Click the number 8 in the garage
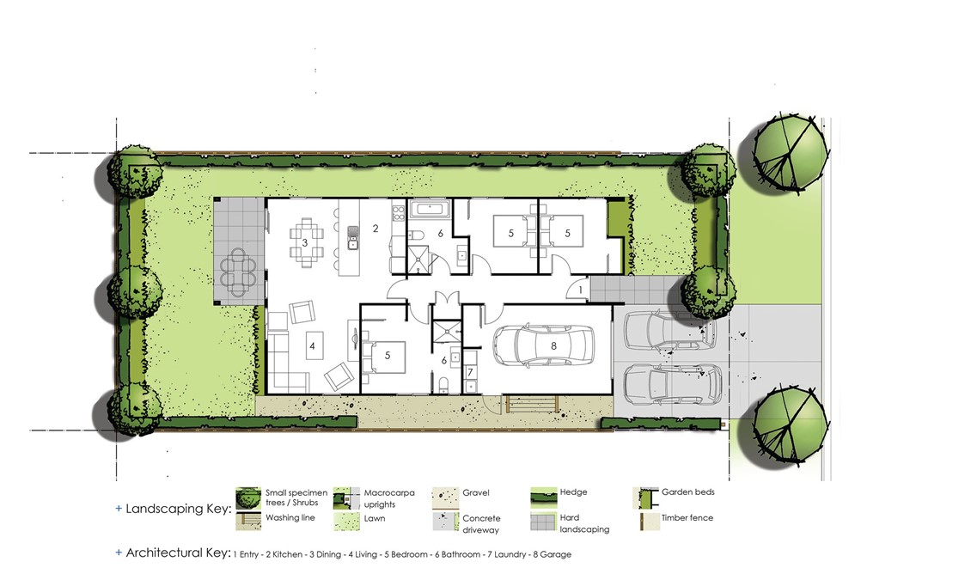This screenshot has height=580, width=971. [x=553, y=346]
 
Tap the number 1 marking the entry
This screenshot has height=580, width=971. [x=580, y=290]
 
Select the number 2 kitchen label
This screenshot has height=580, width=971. [x=376, y=229]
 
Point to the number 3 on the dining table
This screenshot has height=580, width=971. [x=305, y=242]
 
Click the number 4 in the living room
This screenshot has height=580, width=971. [x=312, y=346]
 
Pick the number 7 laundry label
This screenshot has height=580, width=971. [x=471, y=373]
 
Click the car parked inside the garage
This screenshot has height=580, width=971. [x=544, y=346]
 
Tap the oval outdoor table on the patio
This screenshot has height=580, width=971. [x=238, y=272]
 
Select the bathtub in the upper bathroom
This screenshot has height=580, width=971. [x=429, y=209]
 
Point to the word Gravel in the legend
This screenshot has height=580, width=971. [x=475, y=492]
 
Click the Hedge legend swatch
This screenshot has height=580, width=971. [x=544, y=497]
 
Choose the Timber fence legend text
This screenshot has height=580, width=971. [x=687, y=517]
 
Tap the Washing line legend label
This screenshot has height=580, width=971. [x=290, y=517]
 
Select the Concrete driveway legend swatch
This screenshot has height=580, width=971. [x=445, y=522]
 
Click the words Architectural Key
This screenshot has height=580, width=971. [x=179, y=553]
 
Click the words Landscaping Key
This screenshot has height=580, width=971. [x=179, y=509]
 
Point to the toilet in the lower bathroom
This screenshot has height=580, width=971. [x=444, y=385]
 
